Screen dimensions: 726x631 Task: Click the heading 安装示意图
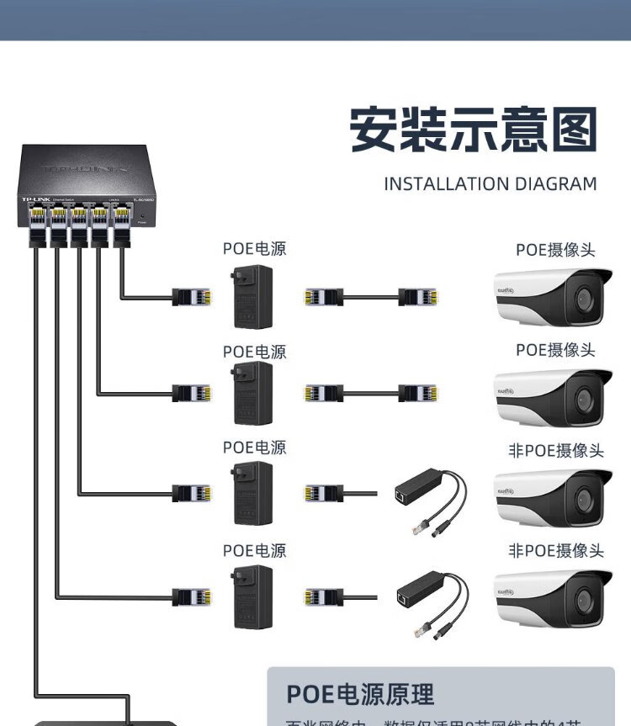473,130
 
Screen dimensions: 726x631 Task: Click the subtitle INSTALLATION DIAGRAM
490,184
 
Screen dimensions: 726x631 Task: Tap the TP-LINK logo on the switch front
34,199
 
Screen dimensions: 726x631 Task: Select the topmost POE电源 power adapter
253,296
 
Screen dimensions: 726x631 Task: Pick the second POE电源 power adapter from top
253,394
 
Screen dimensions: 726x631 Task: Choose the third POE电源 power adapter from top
253,492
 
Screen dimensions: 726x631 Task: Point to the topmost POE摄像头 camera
552,297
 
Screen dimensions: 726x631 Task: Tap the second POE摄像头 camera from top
552,395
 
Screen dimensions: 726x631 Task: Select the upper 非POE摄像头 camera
552,496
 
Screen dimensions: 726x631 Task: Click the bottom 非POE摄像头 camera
552,598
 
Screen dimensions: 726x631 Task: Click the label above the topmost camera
555,250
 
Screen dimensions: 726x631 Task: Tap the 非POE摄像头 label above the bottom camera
556,551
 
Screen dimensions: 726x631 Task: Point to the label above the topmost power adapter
254,249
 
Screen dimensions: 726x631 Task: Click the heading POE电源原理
360,694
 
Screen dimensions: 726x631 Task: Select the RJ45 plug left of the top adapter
192,296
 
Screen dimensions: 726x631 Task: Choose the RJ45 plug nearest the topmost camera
417,296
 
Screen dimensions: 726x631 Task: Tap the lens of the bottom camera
584,600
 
